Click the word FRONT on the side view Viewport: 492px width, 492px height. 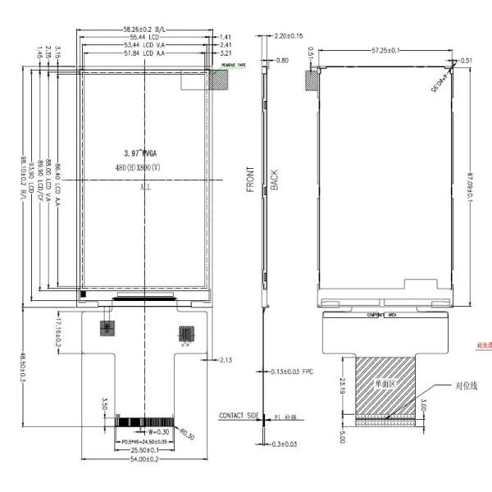[x=251, y=180]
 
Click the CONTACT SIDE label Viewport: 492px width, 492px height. [x=237, y=416]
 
